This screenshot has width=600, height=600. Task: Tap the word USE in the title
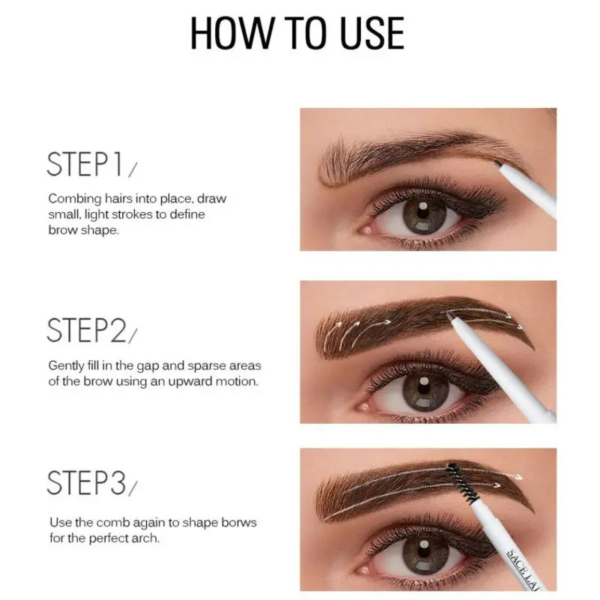pyautogui.click(x=371, y=33)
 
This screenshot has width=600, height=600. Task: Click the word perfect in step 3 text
pyautogui.click(x=108, y=538)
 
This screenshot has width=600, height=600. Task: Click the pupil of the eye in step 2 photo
pyautogui.click(x=424, y=388)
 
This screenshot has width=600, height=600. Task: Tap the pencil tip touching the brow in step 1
pyautogui.click(x=497, y=163)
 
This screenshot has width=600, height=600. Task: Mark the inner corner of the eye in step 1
pyautogui.click(x=361, y=230)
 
